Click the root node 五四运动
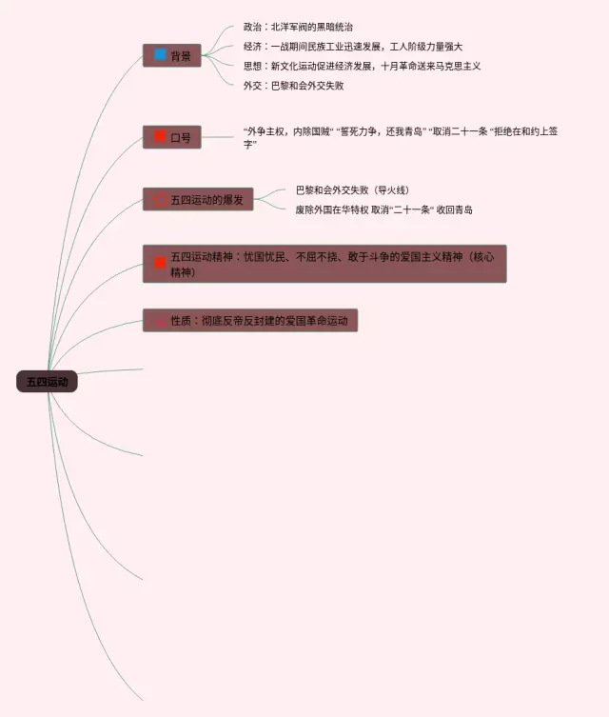[x=47, y=382]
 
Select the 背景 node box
[x=172, y=56]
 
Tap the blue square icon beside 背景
[x=160, y=55]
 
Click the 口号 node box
[x=172, y=137]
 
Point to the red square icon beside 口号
[x=160, y=137]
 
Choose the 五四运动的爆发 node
[x=198, y=200]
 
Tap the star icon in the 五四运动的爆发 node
[x=159, y=200]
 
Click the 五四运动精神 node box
[x=324, y=264]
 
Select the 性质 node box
[x=250, y=321]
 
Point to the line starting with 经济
[x=352, y=47]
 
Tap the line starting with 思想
[x=362, y=66]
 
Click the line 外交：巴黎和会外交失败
[x=293, y=86]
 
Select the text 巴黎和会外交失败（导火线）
[x=352, y=190]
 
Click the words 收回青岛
[x=455, y=209]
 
